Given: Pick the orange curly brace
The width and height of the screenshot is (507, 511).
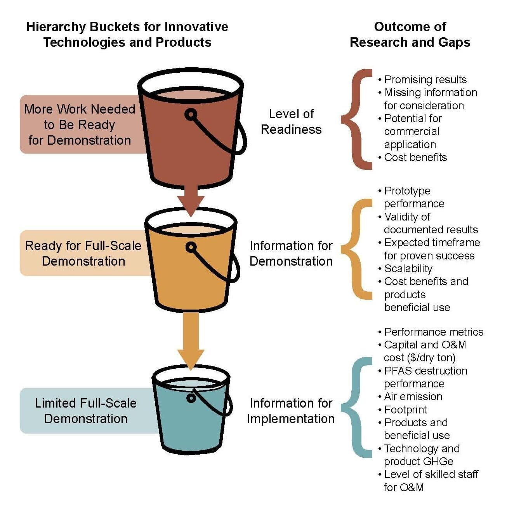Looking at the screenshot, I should click(357, 249).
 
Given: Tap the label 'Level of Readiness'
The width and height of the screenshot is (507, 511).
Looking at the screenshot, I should click(291, 121).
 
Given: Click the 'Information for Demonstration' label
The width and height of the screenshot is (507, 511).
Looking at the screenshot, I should click(291, 253).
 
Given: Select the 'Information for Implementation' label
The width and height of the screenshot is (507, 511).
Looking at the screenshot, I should click(291, 411).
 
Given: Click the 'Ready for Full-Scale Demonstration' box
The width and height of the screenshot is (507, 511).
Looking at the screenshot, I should click(83, 253).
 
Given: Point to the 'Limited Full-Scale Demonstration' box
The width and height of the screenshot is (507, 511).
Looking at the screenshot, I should click(85, 411).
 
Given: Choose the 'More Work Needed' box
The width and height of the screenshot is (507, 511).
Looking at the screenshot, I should click(80, 124).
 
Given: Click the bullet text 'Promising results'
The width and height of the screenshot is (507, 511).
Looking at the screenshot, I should click(425, 80).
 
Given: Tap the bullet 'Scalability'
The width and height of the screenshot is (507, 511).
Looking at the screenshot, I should click(408, 269).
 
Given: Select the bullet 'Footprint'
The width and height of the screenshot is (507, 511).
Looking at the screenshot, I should click(405, 409).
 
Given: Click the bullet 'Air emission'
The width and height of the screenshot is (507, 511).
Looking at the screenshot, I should click(413, 397).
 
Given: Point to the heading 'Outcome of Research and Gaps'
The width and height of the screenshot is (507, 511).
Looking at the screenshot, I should click(410, 34).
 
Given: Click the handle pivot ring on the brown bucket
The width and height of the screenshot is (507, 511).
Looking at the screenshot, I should click(191, 114).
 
